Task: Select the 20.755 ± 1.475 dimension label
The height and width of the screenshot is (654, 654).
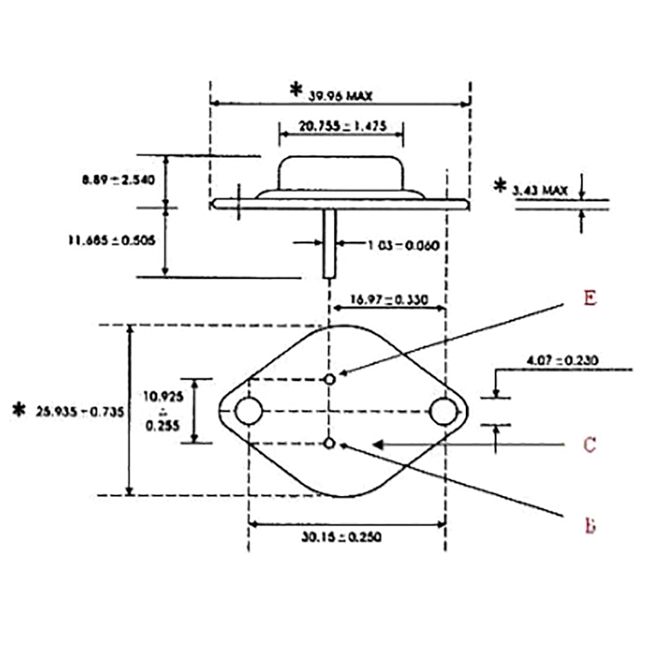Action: click(x=342, y=127)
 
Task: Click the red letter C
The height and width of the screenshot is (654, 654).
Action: click(x=589, y=446)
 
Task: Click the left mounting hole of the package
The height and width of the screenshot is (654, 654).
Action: click(x=249, y=411)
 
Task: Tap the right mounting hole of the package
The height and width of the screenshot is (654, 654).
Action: click(x=444, y=411)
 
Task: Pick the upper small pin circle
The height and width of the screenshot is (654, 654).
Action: click(x=329, y=379)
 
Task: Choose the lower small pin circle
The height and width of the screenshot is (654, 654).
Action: click(x=329, y=443)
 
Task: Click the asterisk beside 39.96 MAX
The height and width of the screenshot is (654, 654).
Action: click(x=296, y=90)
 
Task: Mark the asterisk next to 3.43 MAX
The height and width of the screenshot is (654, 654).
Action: click(x=499, y=186)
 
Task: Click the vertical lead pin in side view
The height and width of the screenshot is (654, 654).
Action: click(x=329, y=242)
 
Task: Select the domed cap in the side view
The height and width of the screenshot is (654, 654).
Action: click(x=342, y=173)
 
